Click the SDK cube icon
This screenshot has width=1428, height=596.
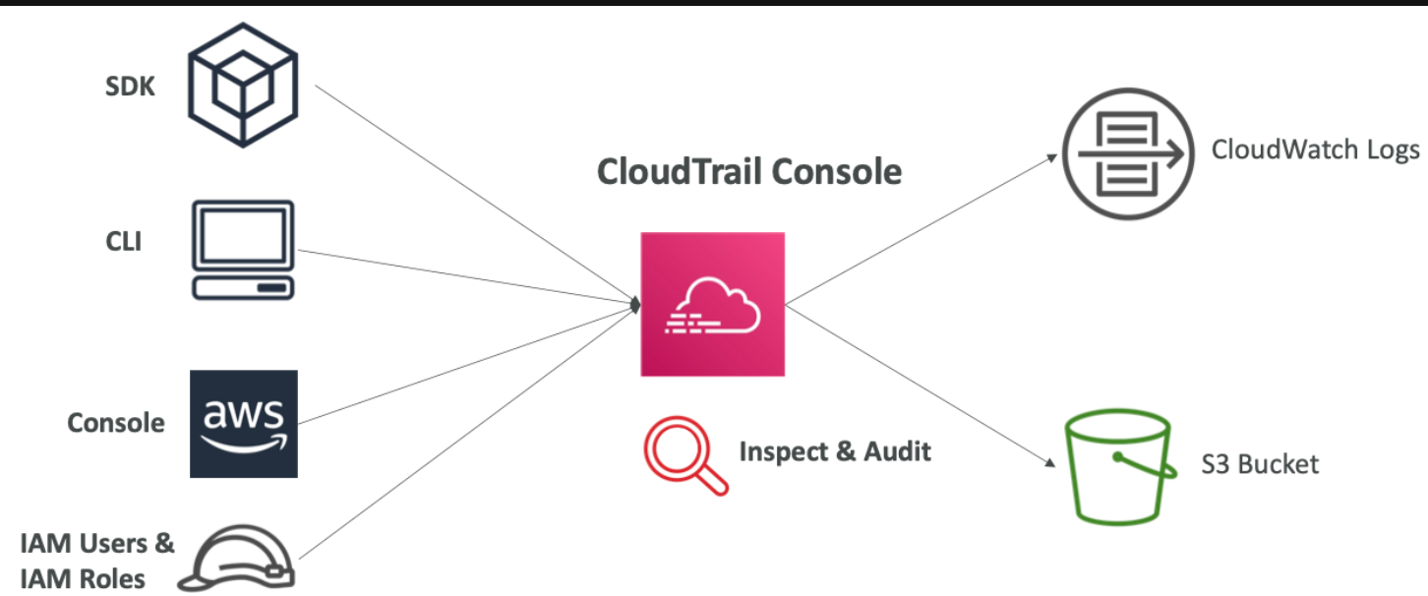click(x=243, y=86)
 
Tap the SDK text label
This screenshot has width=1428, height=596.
click(x=131, y=87)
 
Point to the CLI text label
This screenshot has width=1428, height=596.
click(x=125, y=241)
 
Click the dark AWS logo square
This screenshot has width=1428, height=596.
click(x=243, y=424)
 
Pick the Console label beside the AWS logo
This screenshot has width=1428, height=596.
click(x=116, y=423)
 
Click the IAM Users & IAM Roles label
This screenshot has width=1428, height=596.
click(x=96, y=561)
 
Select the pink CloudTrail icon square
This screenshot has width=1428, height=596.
click(x=712, y=304)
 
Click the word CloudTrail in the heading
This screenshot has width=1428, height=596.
click(x=679, y=171)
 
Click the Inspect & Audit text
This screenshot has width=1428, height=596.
click(x=834, y=452)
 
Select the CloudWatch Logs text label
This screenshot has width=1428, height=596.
click(x=1315, y=149)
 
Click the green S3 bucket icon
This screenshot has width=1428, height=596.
click(x=1120, y=470)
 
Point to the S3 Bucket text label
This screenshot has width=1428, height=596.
click(x=1260, y=464)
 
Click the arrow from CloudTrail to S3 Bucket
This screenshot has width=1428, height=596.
click(x=920, y=385)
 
